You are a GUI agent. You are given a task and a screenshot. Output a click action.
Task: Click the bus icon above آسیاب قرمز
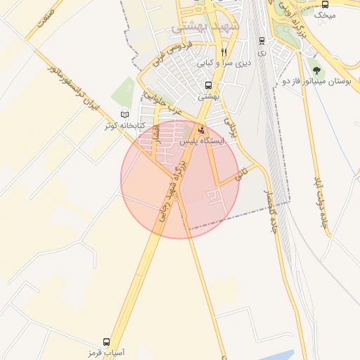click(x=106, y=340)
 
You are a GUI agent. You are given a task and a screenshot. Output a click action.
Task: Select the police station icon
click(x=202, y=129)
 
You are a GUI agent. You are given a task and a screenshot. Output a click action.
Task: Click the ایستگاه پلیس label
click(x=202, y=141)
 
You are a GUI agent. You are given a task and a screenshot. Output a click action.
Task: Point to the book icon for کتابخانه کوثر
click(x=125, y=115)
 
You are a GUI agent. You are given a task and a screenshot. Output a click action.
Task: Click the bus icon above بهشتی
click(x=207, y=86)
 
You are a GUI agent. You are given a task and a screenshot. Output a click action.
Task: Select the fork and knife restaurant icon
click(x=224, y=52)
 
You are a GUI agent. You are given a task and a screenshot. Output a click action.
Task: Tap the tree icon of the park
click(x=316, y=70)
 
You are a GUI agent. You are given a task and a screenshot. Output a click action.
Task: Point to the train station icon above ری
click(x=262, y=41)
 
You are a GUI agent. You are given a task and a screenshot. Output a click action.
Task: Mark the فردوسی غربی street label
click(x=172, y=56)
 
